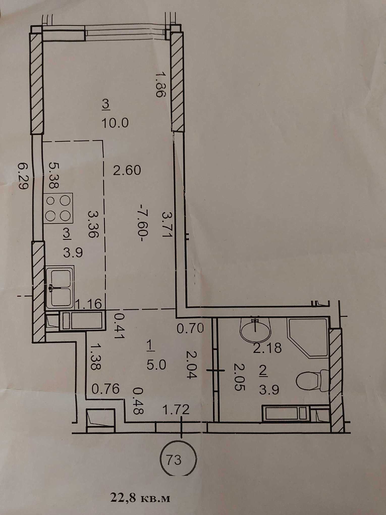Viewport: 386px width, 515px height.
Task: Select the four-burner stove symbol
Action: [59, 209]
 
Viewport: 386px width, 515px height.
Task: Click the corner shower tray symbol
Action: [308, 337]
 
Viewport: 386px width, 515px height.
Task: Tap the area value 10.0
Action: [115, 123]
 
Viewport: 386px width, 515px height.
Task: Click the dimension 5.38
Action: [54, 175]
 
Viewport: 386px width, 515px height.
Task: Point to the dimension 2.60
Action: [127, 170]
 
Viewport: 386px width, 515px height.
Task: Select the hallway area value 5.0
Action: [156, 365]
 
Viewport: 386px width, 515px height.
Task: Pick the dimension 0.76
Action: [105, 389]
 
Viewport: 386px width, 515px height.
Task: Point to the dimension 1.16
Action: [88, 304]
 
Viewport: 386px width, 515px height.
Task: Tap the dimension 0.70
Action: [190, 328]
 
